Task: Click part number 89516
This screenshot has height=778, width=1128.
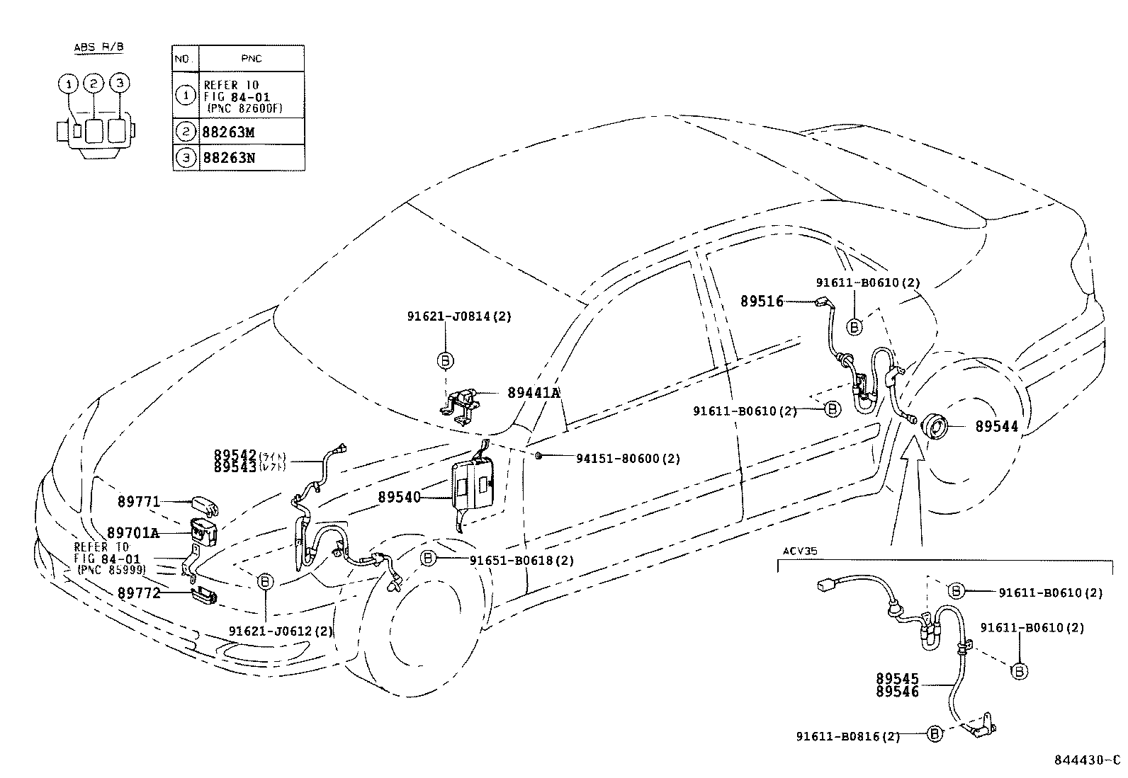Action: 762,302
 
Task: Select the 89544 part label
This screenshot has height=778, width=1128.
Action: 996,427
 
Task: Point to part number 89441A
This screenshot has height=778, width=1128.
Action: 533,393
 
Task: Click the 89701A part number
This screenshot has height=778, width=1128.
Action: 133,532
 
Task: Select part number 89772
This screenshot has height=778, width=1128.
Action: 139,593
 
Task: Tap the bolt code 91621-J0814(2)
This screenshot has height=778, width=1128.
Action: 458,316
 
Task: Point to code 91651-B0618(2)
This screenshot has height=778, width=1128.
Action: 521,561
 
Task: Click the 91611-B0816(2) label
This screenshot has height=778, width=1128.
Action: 847,737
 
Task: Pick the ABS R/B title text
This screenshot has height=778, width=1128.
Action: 98,47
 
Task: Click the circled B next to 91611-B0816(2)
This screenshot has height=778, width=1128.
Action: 934,735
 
